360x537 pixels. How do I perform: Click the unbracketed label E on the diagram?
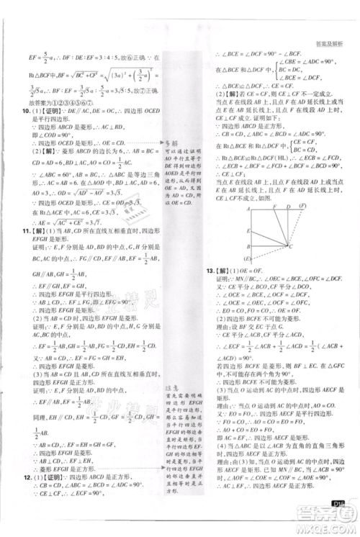(248, 230)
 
